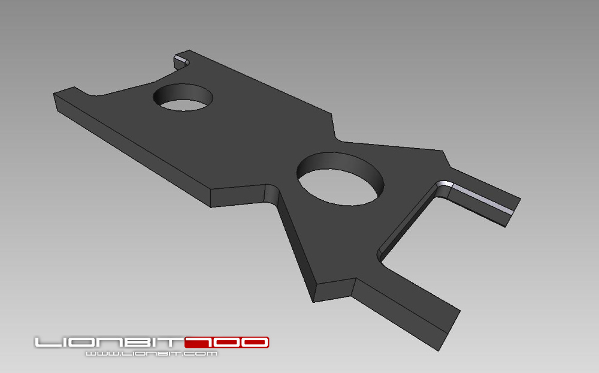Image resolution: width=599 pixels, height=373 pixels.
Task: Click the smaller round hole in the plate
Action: tap(183, 98)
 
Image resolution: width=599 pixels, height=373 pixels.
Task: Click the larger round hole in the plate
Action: tap(340, 179)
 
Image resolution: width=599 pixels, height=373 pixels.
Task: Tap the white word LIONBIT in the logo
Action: tap(109, 342)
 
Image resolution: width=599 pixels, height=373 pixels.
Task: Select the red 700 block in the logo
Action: tap(227, 342)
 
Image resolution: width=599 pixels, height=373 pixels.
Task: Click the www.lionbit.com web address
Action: tap(152, 353)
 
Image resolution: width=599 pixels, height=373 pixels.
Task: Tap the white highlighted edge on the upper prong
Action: tap(482, 199)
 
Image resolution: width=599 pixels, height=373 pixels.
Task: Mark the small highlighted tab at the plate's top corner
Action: tap(181, 61)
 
